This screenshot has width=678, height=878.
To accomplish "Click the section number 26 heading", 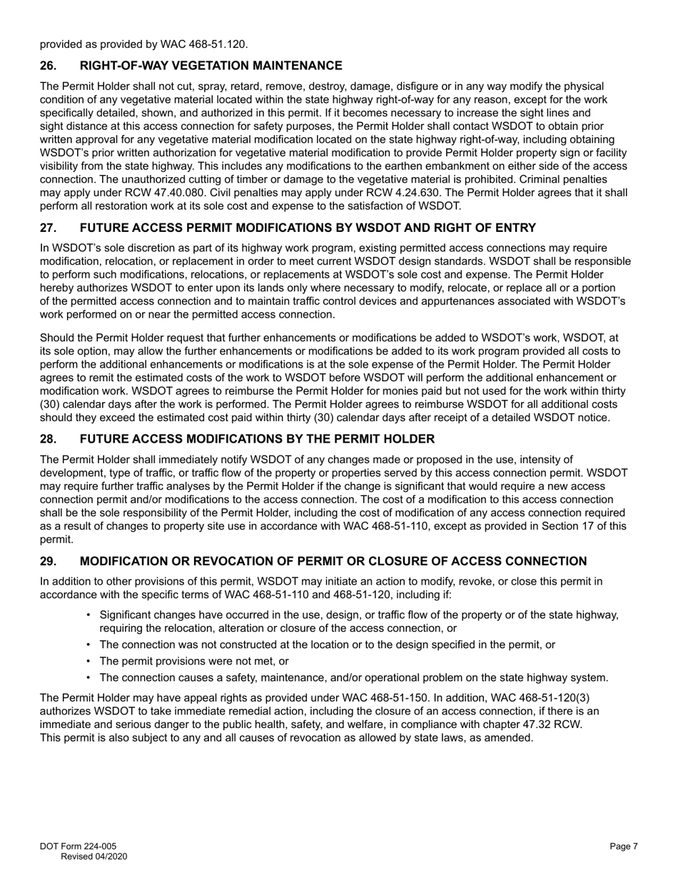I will pos(47,66).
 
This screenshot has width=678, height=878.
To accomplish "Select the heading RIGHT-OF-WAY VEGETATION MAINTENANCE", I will pos(211,66).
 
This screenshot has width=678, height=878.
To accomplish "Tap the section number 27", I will pos(47,228).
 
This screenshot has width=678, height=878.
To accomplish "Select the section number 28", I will pos(47,439).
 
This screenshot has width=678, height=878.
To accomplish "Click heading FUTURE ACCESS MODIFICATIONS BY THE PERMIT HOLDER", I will pos(256,439).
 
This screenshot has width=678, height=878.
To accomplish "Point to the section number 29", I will pos(47,562).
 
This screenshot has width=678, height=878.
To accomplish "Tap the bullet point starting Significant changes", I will pos(88,615).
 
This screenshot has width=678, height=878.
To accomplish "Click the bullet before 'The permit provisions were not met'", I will pos(88,662).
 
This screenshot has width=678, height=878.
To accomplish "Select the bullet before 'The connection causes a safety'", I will pos(88,678).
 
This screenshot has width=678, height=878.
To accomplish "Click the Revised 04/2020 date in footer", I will pos(93,857).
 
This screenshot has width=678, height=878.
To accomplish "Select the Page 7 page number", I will pos(623,847).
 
